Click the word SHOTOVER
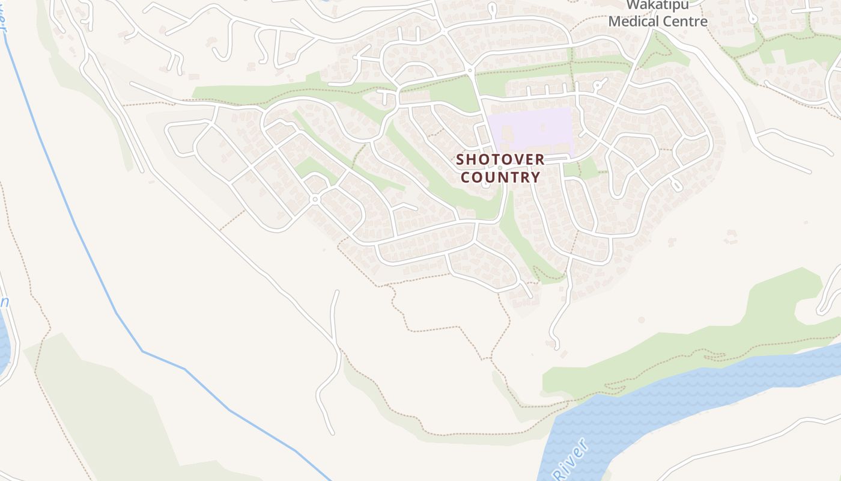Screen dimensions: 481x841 (x=500, y=159)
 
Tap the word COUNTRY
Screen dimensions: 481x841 (x=500, y=177)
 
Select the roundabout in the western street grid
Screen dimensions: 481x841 (x=314, y=199)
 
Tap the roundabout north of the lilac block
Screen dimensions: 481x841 (x=470, y=70)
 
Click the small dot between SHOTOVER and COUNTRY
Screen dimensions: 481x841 (x=500, y=168)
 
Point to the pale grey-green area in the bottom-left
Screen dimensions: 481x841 (x=108, y=409)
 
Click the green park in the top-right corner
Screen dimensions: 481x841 (x=799, y=51)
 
